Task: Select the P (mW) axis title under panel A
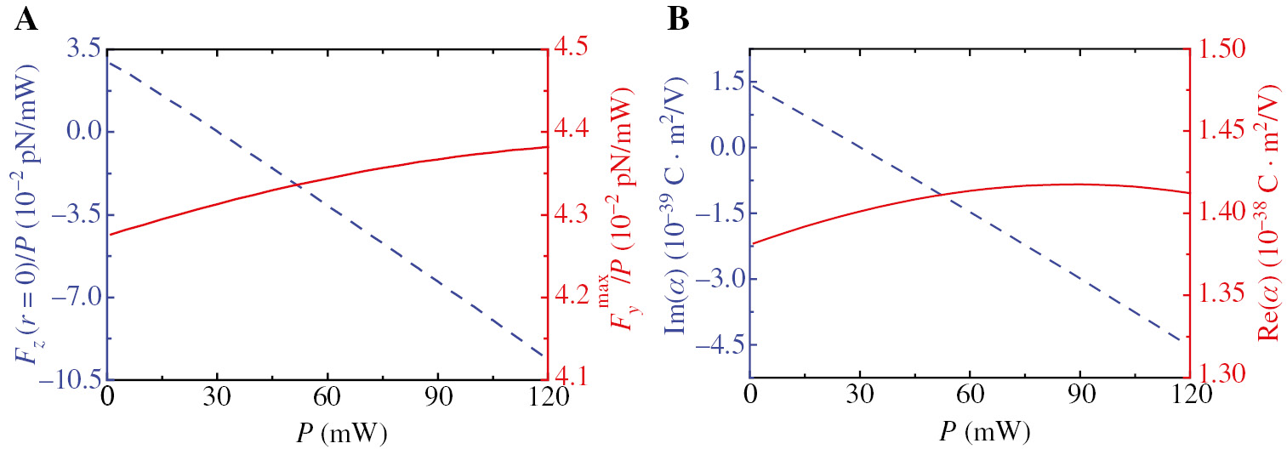point(325,434)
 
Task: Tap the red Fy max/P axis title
point(628,213)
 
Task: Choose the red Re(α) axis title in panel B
point(1270,213)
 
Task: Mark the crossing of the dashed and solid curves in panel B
point(941,196)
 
